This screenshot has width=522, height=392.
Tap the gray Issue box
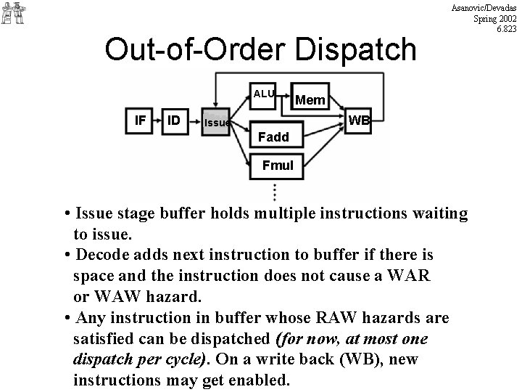pos(215,122)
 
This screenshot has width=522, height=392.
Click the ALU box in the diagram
pos(264,93)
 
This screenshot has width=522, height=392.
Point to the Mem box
pos(311,99)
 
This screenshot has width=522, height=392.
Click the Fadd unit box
pos(273,136)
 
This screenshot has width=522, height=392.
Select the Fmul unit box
pos(277,165)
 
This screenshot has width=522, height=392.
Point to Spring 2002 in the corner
pos(494,17)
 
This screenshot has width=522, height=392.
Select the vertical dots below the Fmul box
pos(275,192)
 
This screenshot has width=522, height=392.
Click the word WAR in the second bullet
pos(413,276)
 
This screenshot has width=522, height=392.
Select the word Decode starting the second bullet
pos(106,255)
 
